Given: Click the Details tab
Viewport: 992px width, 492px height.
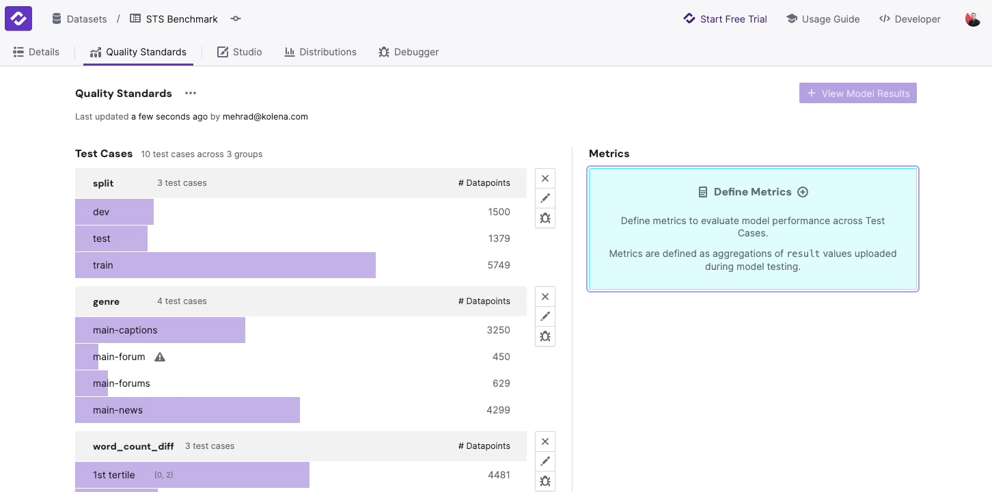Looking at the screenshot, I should (37, 52).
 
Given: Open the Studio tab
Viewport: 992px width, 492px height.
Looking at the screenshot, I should (240, 52).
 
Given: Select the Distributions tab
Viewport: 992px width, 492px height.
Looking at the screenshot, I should (320, 52).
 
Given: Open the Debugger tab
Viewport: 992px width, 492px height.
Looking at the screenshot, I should (409, 52).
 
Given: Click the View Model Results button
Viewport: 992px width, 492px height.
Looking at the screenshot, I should (857, 94).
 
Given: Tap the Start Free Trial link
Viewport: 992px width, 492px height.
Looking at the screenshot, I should (726, 19).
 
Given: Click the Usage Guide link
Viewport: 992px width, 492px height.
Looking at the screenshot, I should (823, 19).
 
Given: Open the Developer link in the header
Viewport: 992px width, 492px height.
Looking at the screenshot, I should (909, 19).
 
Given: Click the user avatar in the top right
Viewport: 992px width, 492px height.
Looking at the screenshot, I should (973, 19).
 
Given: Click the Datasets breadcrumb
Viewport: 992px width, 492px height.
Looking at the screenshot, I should (80, 19).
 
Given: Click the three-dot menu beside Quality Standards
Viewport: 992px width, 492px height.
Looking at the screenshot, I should (191, 94).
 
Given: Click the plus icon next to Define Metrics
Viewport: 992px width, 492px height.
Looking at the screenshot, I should (803, 192).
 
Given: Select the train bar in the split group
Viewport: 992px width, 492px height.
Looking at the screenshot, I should (225, 265).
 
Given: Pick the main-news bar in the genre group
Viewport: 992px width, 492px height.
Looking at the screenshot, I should (187, 410).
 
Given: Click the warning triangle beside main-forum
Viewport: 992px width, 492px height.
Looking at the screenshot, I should (160, 357).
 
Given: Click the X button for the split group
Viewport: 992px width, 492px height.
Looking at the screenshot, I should (545, 178).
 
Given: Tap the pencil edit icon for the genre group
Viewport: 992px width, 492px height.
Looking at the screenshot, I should (545, 316).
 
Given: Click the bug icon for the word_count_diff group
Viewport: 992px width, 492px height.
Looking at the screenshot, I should (545, 481).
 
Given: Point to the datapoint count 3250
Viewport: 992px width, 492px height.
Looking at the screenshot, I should (498, 330).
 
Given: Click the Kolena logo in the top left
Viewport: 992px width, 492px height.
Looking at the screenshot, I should (18, 18).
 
